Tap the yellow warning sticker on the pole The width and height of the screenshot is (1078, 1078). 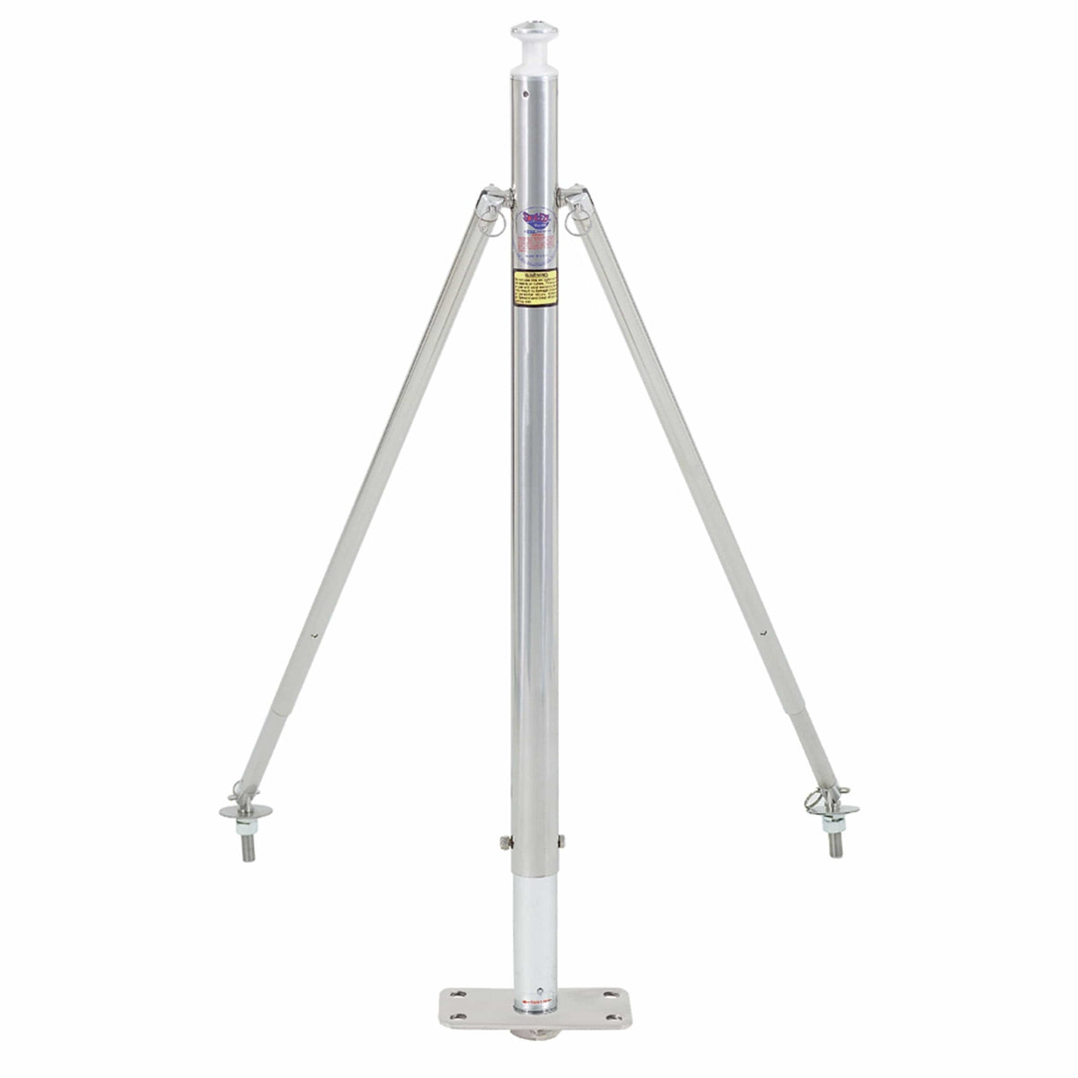535,287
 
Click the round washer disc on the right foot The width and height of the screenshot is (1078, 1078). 833,810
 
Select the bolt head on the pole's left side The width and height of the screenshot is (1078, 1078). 503,841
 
